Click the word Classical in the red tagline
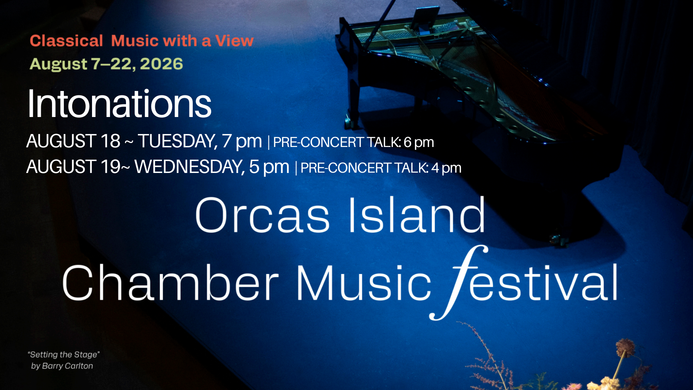coord(66,41)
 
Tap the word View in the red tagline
coord(235,41)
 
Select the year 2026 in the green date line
coord(161,64)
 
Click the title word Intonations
coord(119,104)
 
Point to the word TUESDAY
coord(178,141)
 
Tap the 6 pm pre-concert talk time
coord(419,142)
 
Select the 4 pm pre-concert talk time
coord(446,168)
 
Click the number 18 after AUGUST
coord(110,141)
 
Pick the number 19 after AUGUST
coord(110,166)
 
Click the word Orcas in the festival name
coord(262,215)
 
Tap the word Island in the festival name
coord(417,214)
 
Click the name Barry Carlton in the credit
coord(67,366)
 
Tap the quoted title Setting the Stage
coord(64,355)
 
